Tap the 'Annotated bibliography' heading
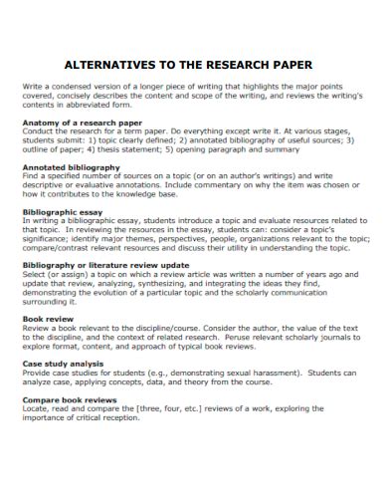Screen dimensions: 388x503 pyautogui.click(x=72, y=167)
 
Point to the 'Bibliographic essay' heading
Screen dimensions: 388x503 pyautogui.click(x=65, y=212)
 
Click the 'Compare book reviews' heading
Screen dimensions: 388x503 pyautogui.click(x=73, y=399)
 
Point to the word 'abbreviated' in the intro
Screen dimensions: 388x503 pyautogui.click(x=97, y=105)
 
